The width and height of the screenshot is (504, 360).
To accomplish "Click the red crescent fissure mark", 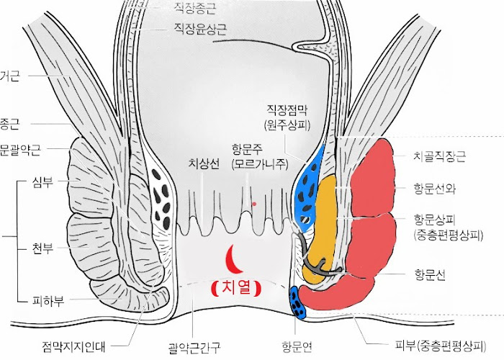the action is (232, 256).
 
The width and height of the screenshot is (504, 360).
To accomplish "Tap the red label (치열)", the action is (236, 288).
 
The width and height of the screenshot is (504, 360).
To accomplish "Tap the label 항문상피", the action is (435, 217).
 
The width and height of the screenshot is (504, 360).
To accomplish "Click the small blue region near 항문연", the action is (297, 303).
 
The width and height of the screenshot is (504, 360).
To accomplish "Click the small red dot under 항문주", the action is (254, 204).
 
